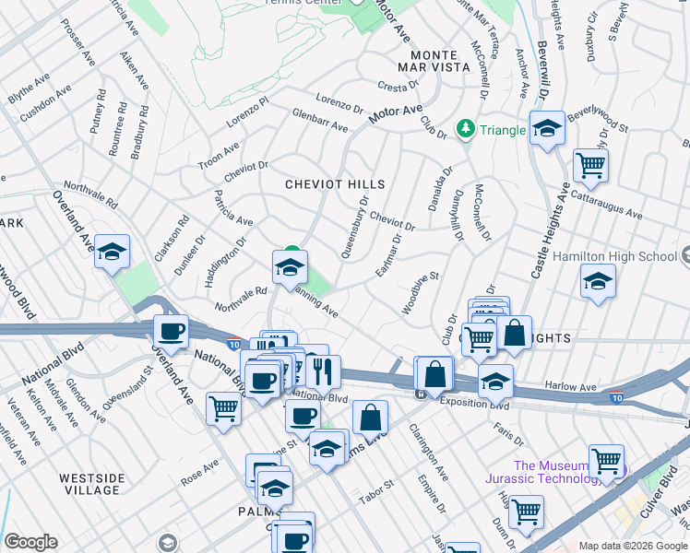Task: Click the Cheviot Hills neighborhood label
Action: (335, 184)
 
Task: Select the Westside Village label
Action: (91, 484)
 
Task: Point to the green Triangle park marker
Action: (466, 129)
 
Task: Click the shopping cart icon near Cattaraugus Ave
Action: (590, 166)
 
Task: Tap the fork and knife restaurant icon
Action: (322, 371)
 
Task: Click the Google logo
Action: (30, 542)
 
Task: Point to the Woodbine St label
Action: (420, 292)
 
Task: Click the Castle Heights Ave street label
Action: (546, 229)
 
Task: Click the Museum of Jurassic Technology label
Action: (557, 472)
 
